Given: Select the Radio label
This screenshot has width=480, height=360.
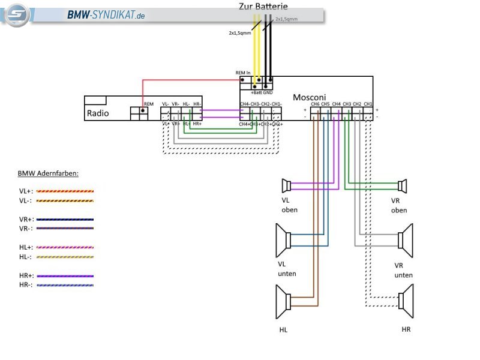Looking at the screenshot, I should click(x=98, y=112).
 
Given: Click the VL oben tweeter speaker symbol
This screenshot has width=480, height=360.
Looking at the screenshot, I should click(x=287, y=184).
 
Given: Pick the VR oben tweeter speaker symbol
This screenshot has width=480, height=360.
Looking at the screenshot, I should click(x=402, y=185).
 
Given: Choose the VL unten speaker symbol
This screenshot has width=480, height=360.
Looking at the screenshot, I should click(x=283, y=240).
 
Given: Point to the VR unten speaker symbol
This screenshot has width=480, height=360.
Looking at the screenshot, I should click(x=406, y=240).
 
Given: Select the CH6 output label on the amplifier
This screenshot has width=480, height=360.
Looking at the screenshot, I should click(x=314, y=104).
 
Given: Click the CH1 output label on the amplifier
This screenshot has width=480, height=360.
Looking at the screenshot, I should click(x=368, y=104).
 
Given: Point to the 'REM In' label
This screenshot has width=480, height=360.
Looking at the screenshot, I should click(x=243, y=73).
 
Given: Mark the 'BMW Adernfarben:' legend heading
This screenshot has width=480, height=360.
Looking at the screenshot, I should click(x=48, y=173).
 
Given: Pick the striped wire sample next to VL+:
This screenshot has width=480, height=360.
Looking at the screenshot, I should click(x=65, y=190).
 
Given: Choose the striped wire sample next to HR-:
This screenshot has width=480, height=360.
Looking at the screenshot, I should click(x=65, y=285).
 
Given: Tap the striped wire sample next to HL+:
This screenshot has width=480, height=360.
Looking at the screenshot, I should click(x=65, y=247).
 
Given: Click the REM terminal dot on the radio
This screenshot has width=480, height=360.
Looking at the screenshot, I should click(x=143, y=110).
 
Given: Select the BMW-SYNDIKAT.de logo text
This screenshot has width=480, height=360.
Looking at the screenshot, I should click(x=106, y=15).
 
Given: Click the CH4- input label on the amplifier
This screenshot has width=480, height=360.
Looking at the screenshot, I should click(x=245, y=104).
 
